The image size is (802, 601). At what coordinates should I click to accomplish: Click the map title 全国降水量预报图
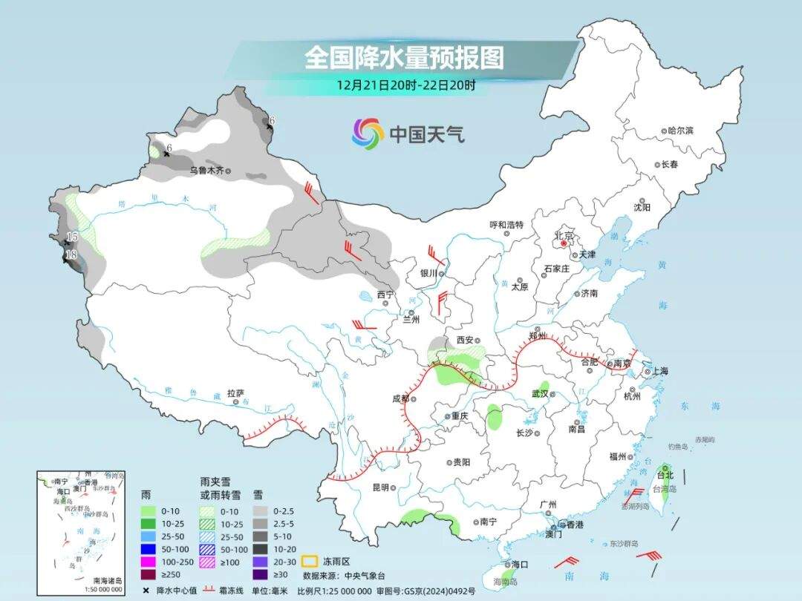click(404, 58)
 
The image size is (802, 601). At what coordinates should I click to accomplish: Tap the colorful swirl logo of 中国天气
click(368, 134)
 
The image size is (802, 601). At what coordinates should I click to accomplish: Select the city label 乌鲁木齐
click(206, 170)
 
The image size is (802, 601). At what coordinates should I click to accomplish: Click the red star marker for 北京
click(564, 243)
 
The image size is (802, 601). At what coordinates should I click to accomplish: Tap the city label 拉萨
click(235, 394)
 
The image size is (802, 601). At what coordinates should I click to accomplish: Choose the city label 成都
click(400, 398)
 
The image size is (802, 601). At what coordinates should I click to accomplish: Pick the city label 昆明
click(380, 487)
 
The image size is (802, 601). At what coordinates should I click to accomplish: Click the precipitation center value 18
click(72, 255)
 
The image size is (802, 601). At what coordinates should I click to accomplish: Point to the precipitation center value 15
click(72, 237)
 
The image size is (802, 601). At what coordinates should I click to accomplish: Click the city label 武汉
click(540, 393)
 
